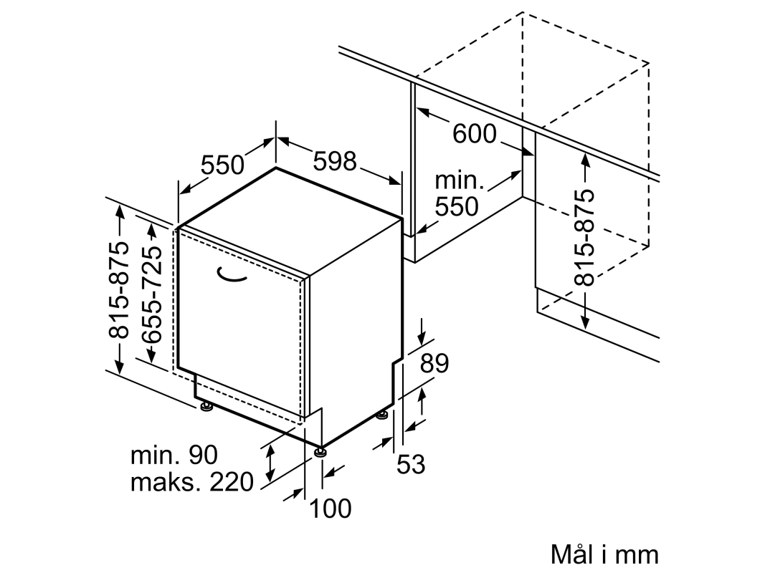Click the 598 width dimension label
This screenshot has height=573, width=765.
pos(335,160)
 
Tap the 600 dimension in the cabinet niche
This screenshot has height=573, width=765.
pos(474,133)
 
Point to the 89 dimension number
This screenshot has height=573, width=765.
pos(434,363)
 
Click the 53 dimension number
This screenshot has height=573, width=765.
pos(411,464)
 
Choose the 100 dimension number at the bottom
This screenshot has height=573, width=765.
pos(331,509)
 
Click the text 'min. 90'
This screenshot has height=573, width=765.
pos(174,455)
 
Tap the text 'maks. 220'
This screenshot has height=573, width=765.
pos(192,482)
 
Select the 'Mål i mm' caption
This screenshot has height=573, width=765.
pos(604,554)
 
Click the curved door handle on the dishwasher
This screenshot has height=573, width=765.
pos(230,276)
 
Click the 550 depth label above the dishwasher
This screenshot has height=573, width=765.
pos(222,165)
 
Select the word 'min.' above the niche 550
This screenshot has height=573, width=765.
pos(459,180)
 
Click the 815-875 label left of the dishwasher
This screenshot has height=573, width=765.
pos(119,289)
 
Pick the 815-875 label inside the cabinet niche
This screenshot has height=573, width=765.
pos(584,237)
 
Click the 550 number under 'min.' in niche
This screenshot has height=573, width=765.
pos(457,206)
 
